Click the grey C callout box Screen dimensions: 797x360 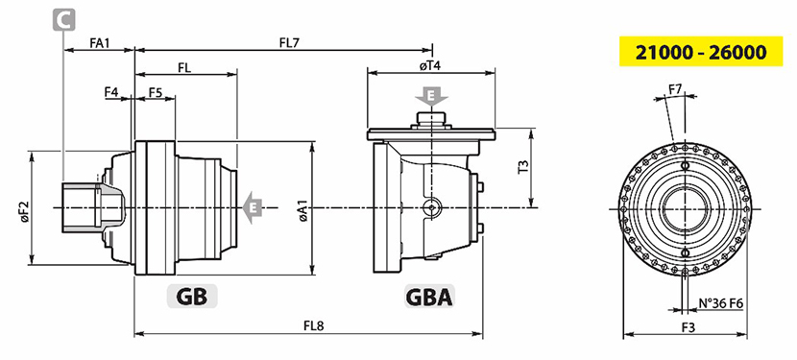(64, 19)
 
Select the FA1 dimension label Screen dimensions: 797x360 (100, 42)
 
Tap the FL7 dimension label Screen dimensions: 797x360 (290, 42)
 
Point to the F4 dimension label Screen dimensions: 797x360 (111, 92)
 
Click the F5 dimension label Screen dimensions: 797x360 (156, 92)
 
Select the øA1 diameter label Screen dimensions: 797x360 (303, 210)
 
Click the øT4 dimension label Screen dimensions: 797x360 (430, 65)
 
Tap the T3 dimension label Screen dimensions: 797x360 (523, 167)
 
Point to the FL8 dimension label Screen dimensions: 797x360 (314, 326)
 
